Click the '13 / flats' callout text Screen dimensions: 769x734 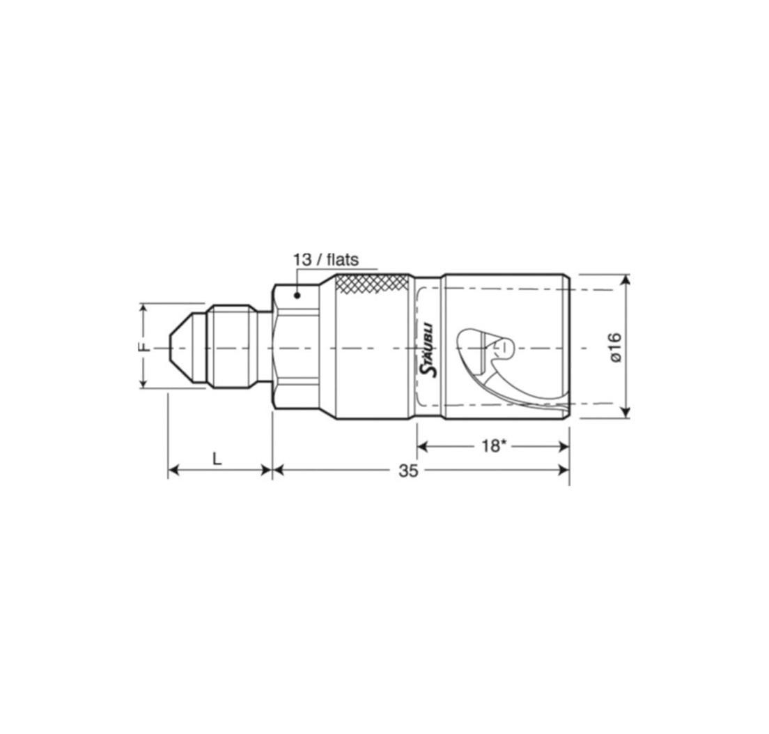[326, 259]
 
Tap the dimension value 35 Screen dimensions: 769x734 [408, 471]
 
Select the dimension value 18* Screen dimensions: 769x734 [493, 446]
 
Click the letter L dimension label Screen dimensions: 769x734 [217, 459]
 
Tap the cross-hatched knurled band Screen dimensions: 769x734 [372, 284]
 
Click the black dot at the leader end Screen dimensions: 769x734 [297, 295]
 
